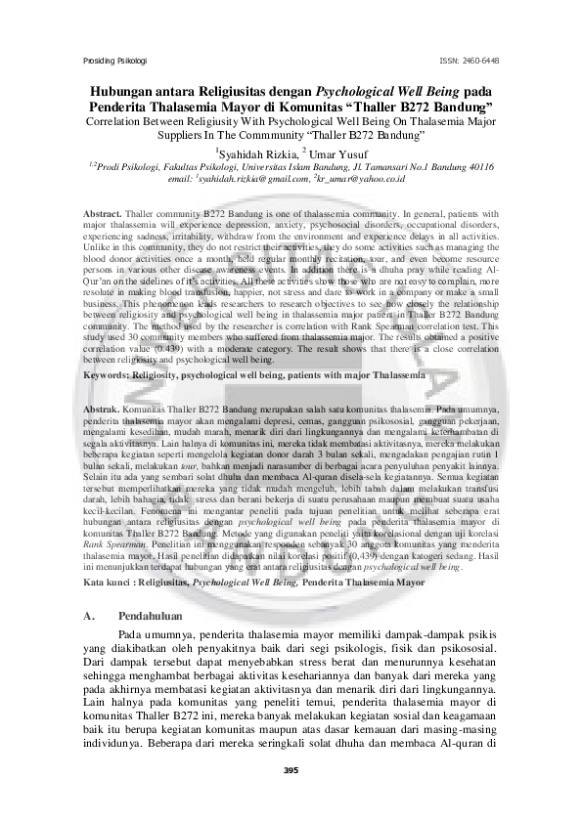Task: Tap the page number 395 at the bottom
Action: (x=291, y=773)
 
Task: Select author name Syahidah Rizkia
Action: (x=255, y=153)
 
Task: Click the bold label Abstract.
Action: (x=103, y=212)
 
